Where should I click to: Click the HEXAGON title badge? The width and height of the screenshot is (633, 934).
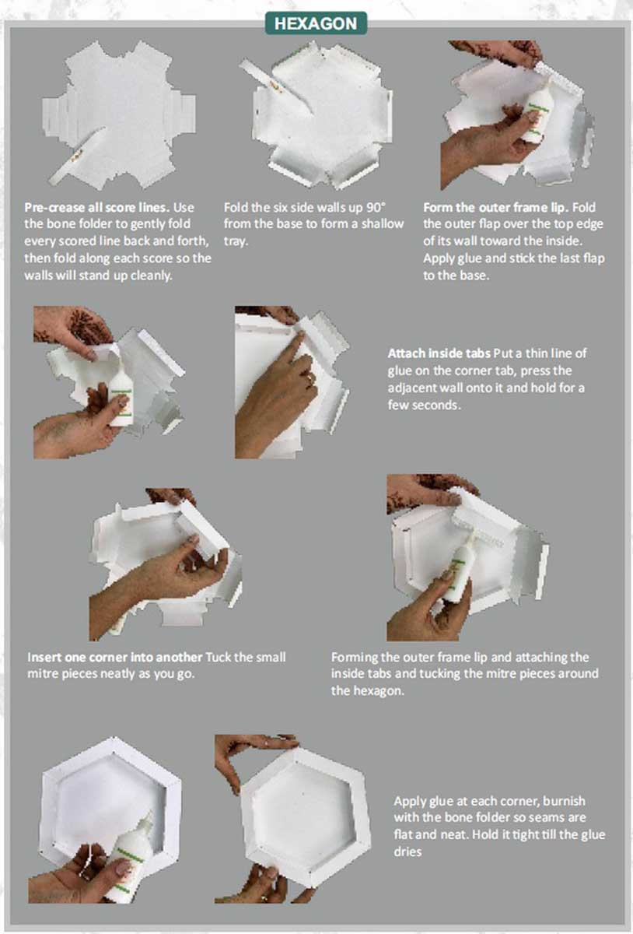click(x=316, y=23)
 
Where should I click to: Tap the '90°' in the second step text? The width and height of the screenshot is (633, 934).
click(x=375, y=208)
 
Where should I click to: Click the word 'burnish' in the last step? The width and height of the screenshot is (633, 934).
click(x=559, y=801)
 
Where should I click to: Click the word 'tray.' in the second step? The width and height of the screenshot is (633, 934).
click(x=237, y=241)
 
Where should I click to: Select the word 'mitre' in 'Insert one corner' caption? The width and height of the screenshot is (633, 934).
click(x=45, y=673)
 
